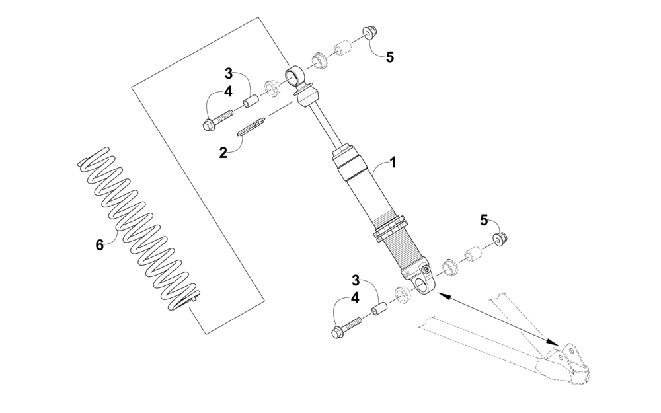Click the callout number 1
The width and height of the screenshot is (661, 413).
[x=393, y=161]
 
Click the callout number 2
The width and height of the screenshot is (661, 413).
[x=223, y=152]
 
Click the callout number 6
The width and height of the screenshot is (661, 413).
[x=99, y=244]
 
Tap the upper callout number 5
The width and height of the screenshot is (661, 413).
[x=390, y=57]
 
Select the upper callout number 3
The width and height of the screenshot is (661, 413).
[x=228, y=73]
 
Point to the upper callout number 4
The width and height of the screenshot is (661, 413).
[x=228, y=93]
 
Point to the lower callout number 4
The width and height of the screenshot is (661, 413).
[x=355, y=298]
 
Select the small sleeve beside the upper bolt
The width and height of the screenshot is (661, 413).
[x=251, y=102]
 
